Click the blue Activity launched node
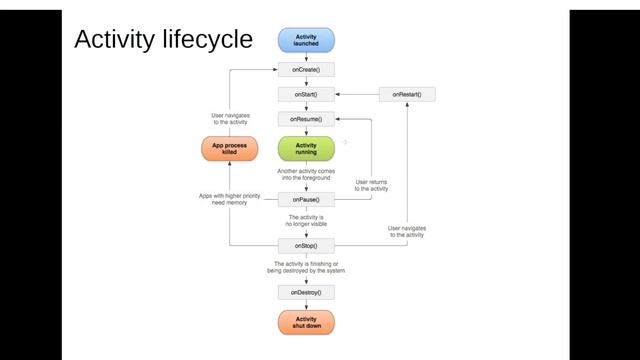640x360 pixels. (x=306, y=40)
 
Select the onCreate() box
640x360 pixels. (x=306, y=70)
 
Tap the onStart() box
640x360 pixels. (x=306, y=94)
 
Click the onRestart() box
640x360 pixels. (x=407, y=94)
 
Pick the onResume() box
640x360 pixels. (x=306, y=119)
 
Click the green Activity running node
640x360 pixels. (x=306, y=149)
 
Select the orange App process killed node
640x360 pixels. (x=230, y=149)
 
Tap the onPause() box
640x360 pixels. (x=306, y=198)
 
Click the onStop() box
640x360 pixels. (x=306, y=245)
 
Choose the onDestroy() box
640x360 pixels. (x=306, y=292)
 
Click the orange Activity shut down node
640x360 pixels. (x=306, y=322)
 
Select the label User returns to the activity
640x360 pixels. (x=372, y=185)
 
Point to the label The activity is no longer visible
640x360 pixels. (x=306, y=221)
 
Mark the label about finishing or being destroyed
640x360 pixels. (x=306, y=267)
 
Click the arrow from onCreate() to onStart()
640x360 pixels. (x=306, y=82)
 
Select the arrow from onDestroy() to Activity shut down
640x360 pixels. (x=306, y=305)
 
